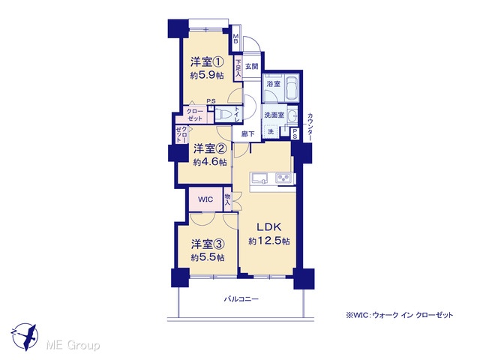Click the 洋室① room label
207,61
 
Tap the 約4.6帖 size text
210,162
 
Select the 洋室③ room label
208,244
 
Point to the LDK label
268,226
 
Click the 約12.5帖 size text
269,241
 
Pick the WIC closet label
205,199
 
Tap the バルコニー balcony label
241,298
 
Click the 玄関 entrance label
252,66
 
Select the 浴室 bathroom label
273,83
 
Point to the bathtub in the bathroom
292,87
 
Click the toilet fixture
224,114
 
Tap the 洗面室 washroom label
274,115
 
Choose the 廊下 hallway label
247,133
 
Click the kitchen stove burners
284,178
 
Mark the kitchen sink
260,178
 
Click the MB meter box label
235,38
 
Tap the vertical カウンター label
310,127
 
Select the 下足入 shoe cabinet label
238,68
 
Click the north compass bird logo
25,336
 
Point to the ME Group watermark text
73,345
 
